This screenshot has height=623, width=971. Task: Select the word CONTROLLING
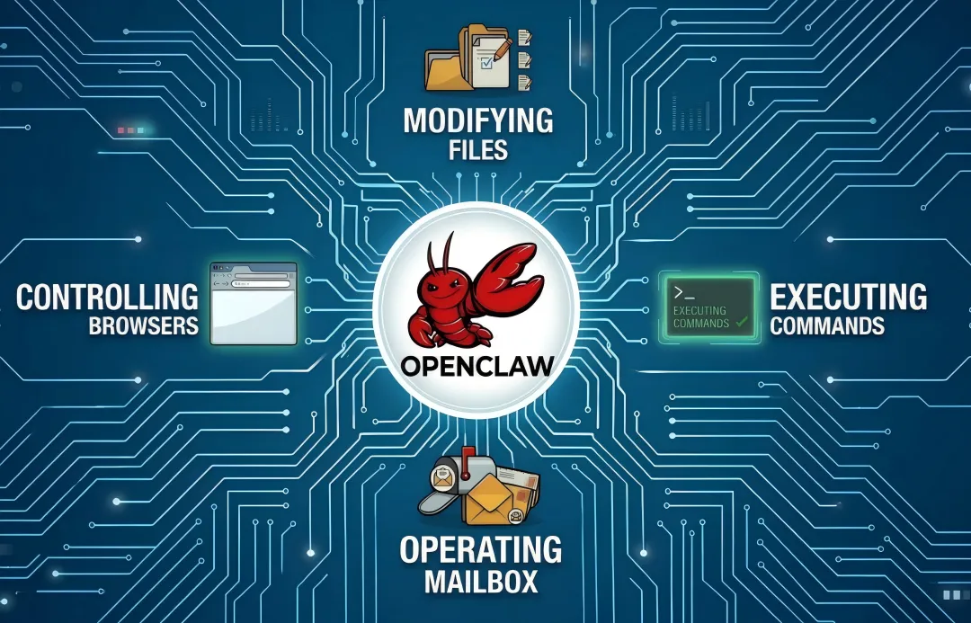107,296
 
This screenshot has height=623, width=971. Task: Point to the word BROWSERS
144,325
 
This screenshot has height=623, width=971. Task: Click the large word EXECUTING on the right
849,296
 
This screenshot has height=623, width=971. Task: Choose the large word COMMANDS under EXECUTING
827,325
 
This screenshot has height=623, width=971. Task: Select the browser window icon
254,303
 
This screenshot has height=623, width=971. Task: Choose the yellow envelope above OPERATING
490,500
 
